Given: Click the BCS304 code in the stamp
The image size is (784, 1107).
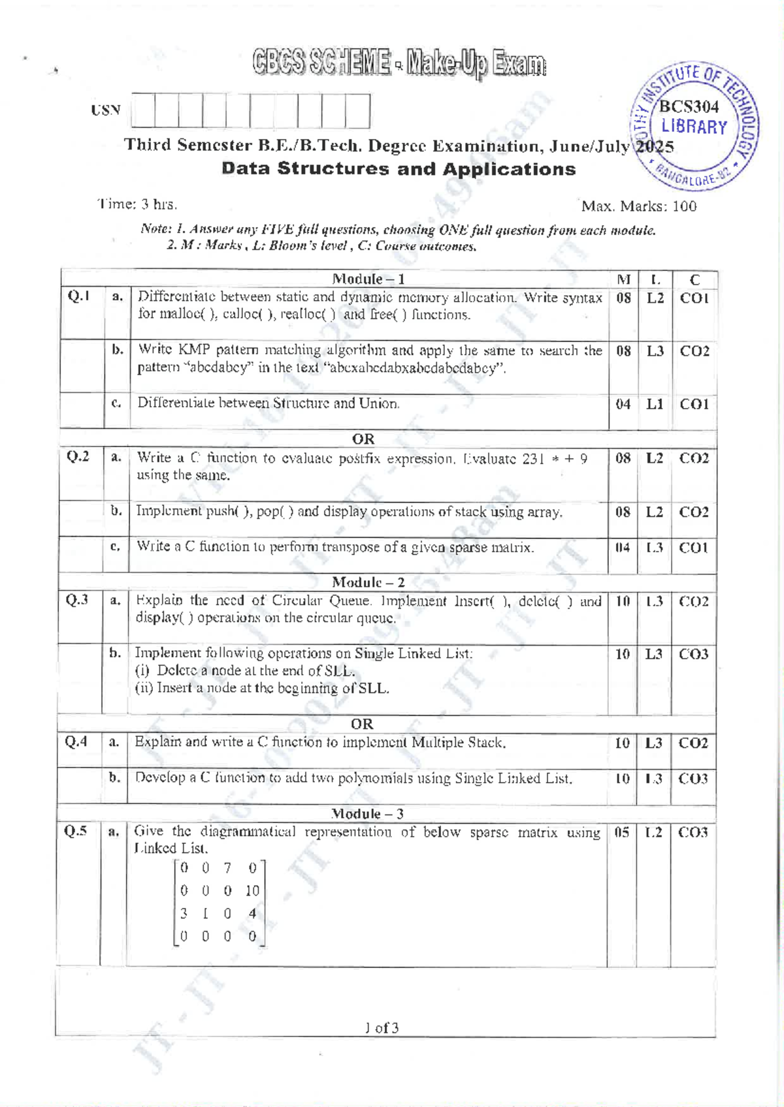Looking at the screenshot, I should pos(689,106).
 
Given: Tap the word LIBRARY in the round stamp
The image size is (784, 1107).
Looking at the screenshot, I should pos(694,127).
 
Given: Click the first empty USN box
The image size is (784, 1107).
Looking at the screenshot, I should pos(142,111).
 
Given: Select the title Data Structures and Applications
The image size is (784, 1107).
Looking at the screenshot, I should pos(399,169).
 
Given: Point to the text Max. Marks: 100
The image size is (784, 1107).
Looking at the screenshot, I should pos(638,206).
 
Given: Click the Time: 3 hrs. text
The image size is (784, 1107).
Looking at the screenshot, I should pos(137,204).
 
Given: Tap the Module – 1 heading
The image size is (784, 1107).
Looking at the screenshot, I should pos(368,279).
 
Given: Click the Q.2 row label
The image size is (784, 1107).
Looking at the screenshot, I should pos(78,457).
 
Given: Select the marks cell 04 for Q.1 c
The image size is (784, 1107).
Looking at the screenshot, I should pos(623,404).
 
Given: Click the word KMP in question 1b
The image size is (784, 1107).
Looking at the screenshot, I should pos(193,350).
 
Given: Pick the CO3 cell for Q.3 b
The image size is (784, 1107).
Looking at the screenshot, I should pos(693,654).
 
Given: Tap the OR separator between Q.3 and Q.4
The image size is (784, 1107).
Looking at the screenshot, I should pos(362,724).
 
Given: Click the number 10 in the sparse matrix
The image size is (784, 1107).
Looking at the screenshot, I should pos(252,891).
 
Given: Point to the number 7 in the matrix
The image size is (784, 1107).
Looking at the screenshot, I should pos(227,868).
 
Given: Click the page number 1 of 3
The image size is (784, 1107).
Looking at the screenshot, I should pos(382,1028).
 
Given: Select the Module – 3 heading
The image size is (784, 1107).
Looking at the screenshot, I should pos(367,814).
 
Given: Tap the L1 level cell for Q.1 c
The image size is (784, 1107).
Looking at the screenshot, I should pos(655,404).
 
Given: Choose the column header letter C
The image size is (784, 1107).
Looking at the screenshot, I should pos(694,280).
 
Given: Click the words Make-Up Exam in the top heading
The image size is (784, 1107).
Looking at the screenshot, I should pos(476,63).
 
